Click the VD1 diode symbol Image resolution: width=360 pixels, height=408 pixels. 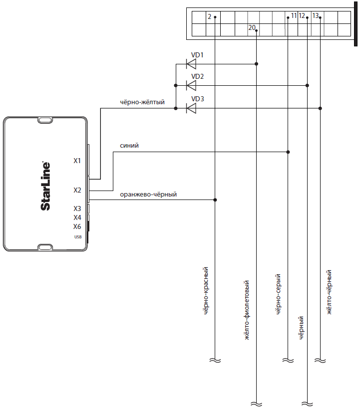tap(191, 64)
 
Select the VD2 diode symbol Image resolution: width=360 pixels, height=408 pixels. tap(191, 85)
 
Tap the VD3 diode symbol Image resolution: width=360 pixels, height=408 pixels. tap(191, 108)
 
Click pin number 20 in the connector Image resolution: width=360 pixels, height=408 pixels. tap(252, 27)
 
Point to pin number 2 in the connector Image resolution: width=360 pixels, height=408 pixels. tap(209, 16)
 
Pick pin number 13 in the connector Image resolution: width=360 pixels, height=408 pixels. tap(316, 15)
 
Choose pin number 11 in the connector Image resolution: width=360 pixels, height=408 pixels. tap(294, 15)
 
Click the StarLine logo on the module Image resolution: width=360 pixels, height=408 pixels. tap(45, 186)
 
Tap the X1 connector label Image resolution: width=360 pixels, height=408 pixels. tap(77, 161)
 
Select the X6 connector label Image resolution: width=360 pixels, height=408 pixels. tap(77, 226)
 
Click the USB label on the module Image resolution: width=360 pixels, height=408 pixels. tap(78, 237)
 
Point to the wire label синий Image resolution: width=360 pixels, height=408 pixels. tap(129, 146)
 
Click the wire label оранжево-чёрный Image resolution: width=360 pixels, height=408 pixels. tap(148, 195)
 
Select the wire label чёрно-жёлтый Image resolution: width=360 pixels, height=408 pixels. tap(142, 102)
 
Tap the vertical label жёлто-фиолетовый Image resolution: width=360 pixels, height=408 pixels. tap(247, 310)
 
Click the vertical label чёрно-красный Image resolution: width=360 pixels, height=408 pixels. tap(206, 291)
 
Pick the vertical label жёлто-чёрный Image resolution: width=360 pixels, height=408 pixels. tap(329, 292)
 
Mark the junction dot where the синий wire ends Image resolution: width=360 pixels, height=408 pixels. tap(288, 152)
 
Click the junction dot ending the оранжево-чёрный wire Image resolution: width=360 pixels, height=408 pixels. tap(215, 200)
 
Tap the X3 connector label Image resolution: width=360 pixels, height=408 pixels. tap(77, 208)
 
